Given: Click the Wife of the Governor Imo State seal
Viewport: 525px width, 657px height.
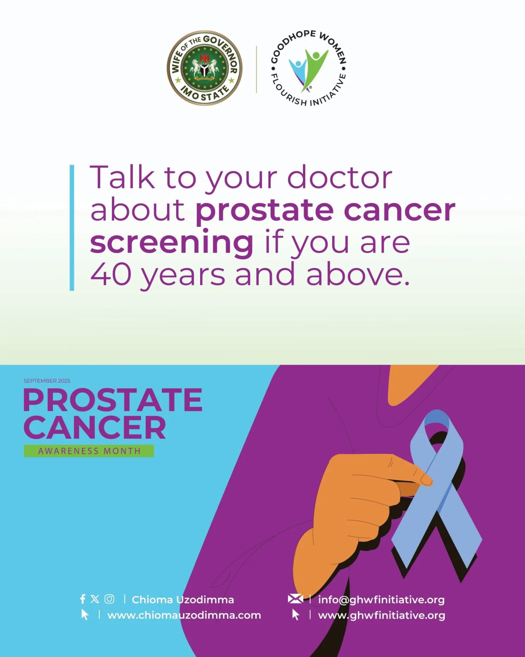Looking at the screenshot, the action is (205, 68).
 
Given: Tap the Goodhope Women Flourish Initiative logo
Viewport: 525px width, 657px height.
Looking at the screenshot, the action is (308, 68).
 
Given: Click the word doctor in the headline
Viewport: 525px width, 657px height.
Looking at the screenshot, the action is (339, 178).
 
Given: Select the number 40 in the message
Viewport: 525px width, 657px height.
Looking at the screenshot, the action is (111, 274).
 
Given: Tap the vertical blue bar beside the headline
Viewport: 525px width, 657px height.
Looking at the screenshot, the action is (72, 228).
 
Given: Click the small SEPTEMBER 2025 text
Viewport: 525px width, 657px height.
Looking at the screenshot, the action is (47, 381).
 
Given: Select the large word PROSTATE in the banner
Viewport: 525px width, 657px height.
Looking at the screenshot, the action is (113, 400).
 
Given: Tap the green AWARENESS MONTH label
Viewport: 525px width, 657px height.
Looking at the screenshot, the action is (89, 451).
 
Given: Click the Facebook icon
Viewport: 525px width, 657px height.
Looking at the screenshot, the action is (83, 599).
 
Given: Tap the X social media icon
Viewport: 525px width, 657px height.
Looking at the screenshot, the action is (95, 599).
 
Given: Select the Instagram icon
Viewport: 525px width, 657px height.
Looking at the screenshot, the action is (109, 599).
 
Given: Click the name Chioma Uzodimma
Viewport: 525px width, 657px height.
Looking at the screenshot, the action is (183, 600).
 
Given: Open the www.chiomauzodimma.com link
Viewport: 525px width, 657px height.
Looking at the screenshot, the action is (184, 615).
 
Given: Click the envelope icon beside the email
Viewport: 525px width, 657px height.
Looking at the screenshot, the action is (295, 599).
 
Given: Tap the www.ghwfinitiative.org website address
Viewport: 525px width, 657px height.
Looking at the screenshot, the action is (382, 616).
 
